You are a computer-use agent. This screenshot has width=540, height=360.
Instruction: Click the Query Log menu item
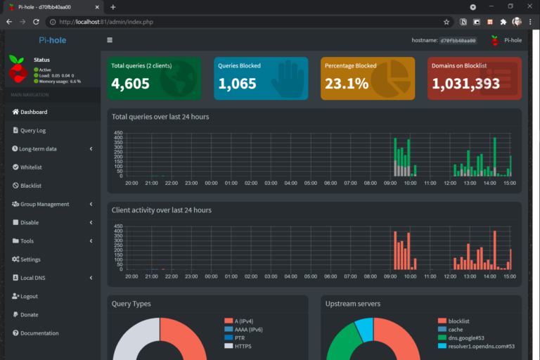(x=33, y=130)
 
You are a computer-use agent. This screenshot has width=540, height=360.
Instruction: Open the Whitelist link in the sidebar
(x=31, y=167)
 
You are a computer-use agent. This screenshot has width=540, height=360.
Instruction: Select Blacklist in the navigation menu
(x=31, y=186)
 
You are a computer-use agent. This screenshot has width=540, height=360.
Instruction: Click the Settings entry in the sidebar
(x=30, y=259)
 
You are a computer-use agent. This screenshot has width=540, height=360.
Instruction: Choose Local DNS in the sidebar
(x=32, y=278)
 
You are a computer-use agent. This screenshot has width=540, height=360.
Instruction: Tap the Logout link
(x=29, y=296)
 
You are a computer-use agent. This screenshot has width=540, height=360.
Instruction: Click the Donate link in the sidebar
(x=29, y=315)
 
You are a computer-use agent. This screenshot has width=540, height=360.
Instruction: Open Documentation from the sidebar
(x=38, y=333)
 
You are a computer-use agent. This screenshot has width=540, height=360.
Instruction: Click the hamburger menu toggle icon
(x=110, y=40)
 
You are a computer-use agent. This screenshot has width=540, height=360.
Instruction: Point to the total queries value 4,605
(x=131, y=84)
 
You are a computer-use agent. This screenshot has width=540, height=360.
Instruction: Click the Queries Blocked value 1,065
(x=238, y=84)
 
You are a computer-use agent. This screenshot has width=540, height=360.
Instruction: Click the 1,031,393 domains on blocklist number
(x=465, y=84)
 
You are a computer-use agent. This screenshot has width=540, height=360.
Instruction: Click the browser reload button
(x=36, y=22)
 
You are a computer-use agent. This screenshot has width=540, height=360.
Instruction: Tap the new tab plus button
(x=113, y=7)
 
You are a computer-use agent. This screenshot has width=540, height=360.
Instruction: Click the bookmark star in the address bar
(x=446, y=22)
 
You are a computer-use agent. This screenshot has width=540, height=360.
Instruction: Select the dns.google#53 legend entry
(x=461, y=337)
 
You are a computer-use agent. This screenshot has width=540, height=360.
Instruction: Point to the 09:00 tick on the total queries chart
(x=390, y=183)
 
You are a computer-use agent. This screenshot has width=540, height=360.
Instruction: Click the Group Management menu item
(x=44, y=204)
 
